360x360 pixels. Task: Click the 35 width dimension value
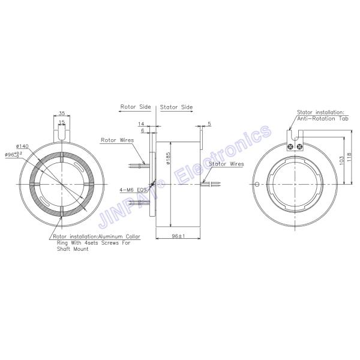(62, 113)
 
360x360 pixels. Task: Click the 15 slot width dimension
(62, 122)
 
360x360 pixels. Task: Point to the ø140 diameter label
(23, 146)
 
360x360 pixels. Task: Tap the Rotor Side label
(136, 107)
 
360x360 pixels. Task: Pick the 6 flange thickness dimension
(142, 130)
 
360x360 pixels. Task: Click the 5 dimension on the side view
(209, 124)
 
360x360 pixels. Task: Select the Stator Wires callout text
(226, 163)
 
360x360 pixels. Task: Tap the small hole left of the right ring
(257, 184)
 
